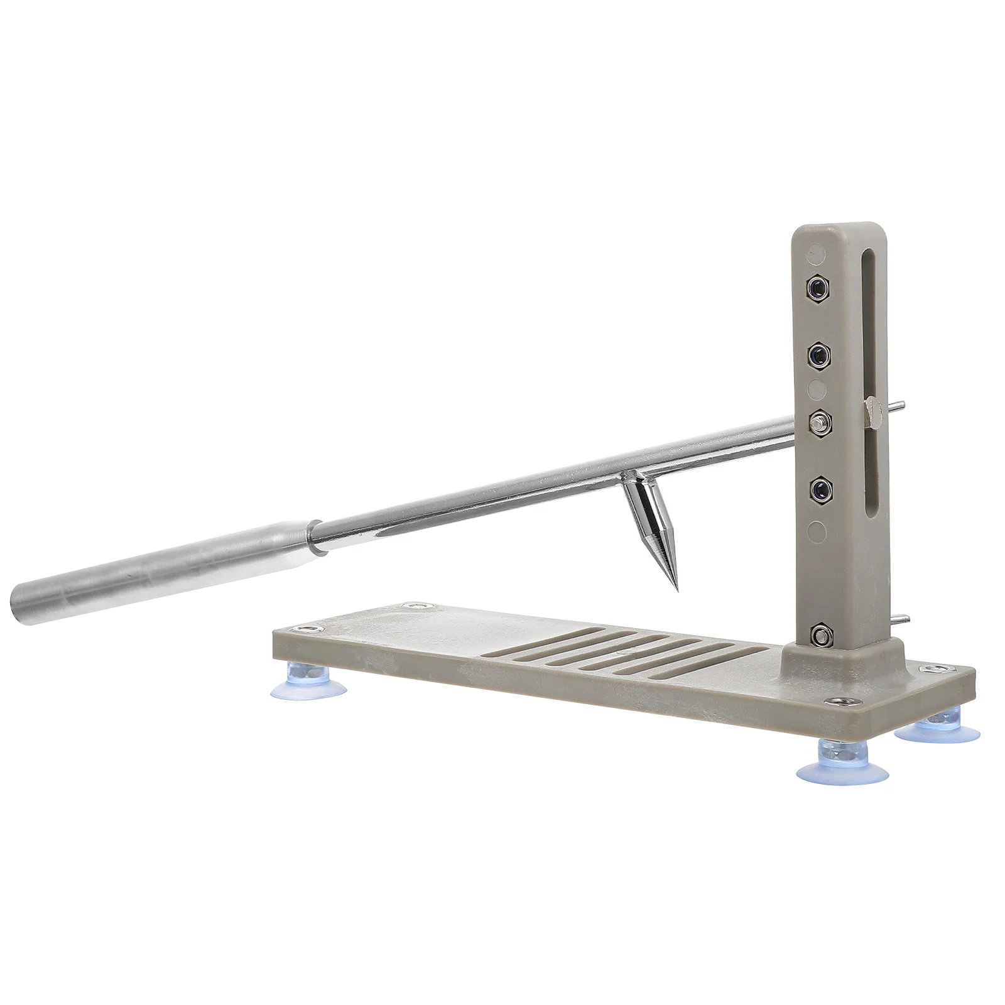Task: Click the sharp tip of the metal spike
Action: tap(677, 589)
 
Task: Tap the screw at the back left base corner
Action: tap(414, 606)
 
